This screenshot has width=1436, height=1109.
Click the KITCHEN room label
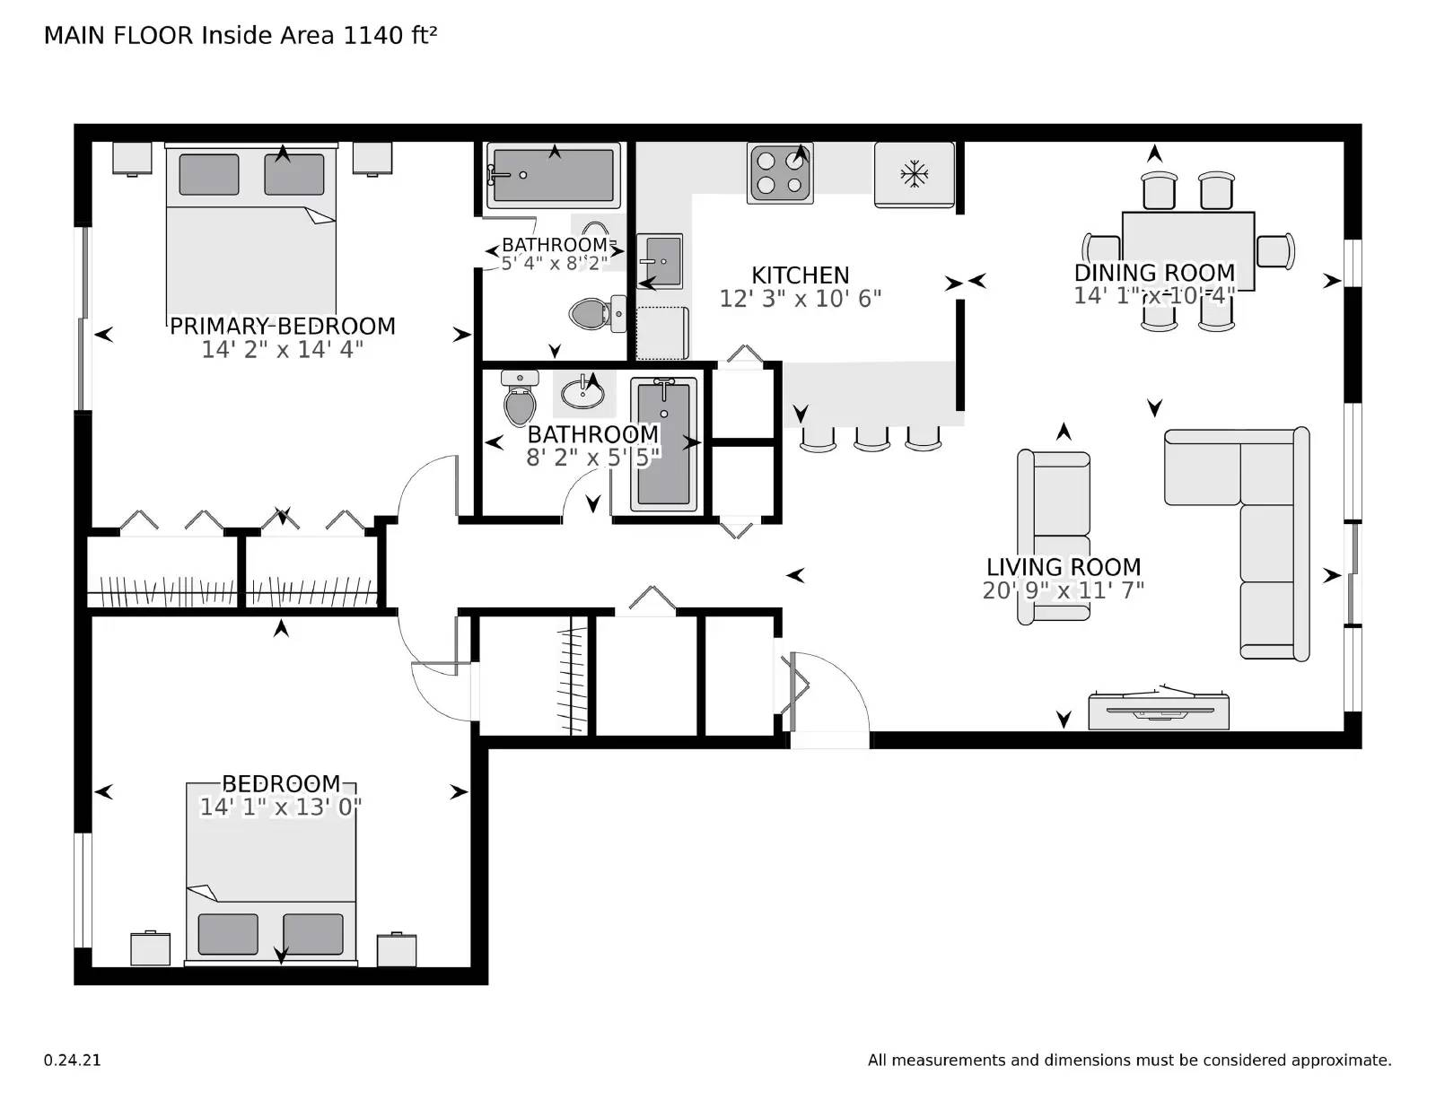pyautogui.click(x=800, y=275)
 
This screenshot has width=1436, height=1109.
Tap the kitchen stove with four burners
pyautogui.click(x=780, y=173)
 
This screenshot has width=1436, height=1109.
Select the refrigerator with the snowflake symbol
pyautogui.click(x=914, y=174)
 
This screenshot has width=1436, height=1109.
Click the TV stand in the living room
pyautogui.click(x=1158, y=711)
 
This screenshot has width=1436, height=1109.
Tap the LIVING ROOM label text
pyautogui.click(x=1064, y=567)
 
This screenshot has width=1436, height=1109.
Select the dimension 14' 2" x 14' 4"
pyautogui.click(x=282, y=350)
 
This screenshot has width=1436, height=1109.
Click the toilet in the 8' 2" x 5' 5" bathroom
pyautogui.click(x=520, y=400)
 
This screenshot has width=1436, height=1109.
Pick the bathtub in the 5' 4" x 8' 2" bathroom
pyautogui.click(x=553, y=175)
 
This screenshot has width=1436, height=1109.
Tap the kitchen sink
pyautogui.click(x=660, y=260)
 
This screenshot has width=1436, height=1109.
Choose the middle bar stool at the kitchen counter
pyautogui.click(x=871, y=437)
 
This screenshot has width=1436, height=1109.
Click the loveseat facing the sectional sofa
pyautogui.click(x=1054, y=537)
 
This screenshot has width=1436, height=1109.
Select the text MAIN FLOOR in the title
pyautogui.click(x=118, y=35)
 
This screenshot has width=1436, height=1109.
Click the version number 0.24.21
pyautogui.click(x=72, y=1060)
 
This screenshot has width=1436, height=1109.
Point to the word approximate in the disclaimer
pyautogui.click(x=1340, y=1060)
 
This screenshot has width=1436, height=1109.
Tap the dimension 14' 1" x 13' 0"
pyautogui.click(x=280, y=808)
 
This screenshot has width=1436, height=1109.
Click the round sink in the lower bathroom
pyautogui.click(x=582, y=393)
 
